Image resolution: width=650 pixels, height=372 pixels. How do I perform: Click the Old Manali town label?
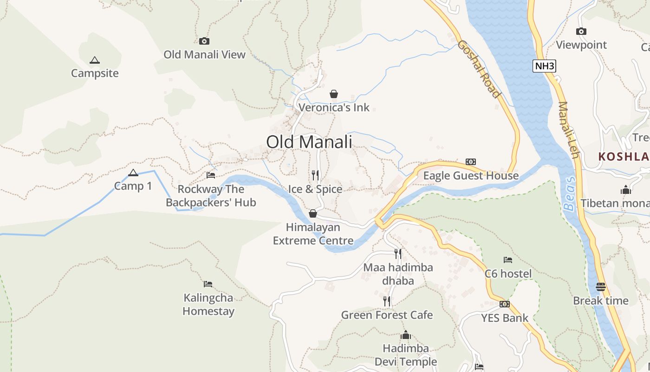pos(309,142)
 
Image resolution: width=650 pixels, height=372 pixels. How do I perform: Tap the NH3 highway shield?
pos(544,66)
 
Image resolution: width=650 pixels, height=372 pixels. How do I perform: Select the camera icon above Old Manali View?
pos(204,41)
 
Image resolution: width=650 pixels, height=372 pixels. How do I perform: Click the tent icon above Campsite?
pos(95,60)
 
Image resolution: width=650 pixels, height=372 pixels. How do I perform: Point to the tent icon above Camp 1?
pos(133,173)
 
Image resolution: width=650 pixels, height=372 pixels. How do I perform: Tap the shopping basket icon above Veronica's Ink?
pos(333,94)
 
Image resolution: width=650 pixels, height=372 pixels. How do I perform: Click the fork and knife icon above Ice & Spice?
pos(315,175)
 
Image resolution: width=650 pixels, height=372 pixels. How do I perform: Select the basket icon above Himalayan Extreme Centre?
pos(313,213)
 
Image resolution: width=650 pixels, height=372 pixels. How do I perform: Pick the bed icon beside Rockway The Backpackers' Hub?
pos(211,175)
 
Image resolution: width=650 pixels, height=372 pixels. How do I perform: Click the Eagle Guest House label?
pos(471,176)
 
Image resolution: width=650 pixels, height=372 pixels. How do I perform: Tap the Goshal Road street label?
pos(479,69)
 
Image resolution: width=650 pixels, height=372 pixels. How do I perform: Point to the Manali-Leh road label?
pos(569,130)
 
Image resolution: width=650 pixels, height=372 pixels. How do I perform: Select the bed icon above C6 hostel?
pos(508,260)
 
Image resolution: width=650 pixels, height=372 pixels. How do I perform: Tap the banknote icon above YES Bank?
pos(505,304)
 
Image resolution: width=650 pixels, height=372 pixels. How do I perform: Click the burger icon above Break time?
pos(601,286)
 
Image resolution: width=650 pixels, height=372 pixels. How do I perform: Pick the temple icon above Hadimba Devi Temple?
pos(406,335)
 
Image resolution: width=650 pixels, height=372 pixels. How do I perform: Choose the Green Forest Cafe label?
pos(387,315)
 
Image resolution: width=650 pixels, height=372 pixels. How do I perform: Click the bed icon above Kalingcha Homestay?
pos(208,284)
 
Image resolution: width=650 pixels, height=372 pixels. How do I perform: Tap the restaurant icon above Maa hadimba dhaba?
pos(398,253)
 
